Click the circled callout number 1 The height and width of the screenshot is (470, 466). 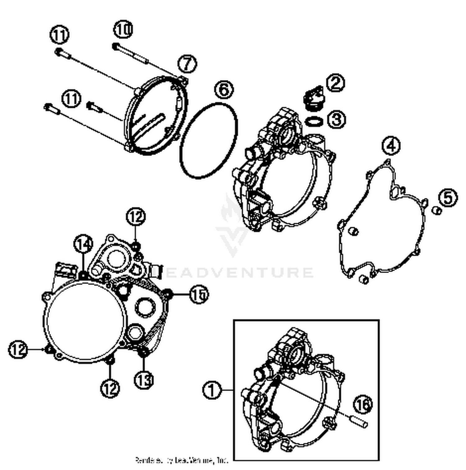coord(212,390)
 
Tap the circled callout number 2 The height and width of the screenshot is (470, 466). coord(336,83)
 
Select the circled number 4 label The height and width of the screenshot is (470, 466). coord(391,145)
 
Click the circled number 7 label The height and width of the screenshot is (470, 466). coord(187,64)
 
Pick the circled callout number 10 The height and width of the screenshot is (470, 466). coord(123,30)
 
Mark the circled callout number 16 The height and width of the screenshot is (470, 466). coord(363,404)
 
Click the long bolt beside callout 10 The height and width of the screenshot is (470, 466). coord(130,53)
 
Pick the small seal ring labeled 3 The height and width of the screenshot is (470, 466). coord(313,121)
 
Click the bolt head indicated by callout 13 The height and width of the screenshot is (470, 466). coord(144,353)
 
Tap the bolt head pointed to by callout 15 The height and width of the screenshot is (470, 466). coord(168,293)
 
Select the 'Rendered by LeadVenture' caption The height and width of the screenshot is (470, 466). coord(182,460)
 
